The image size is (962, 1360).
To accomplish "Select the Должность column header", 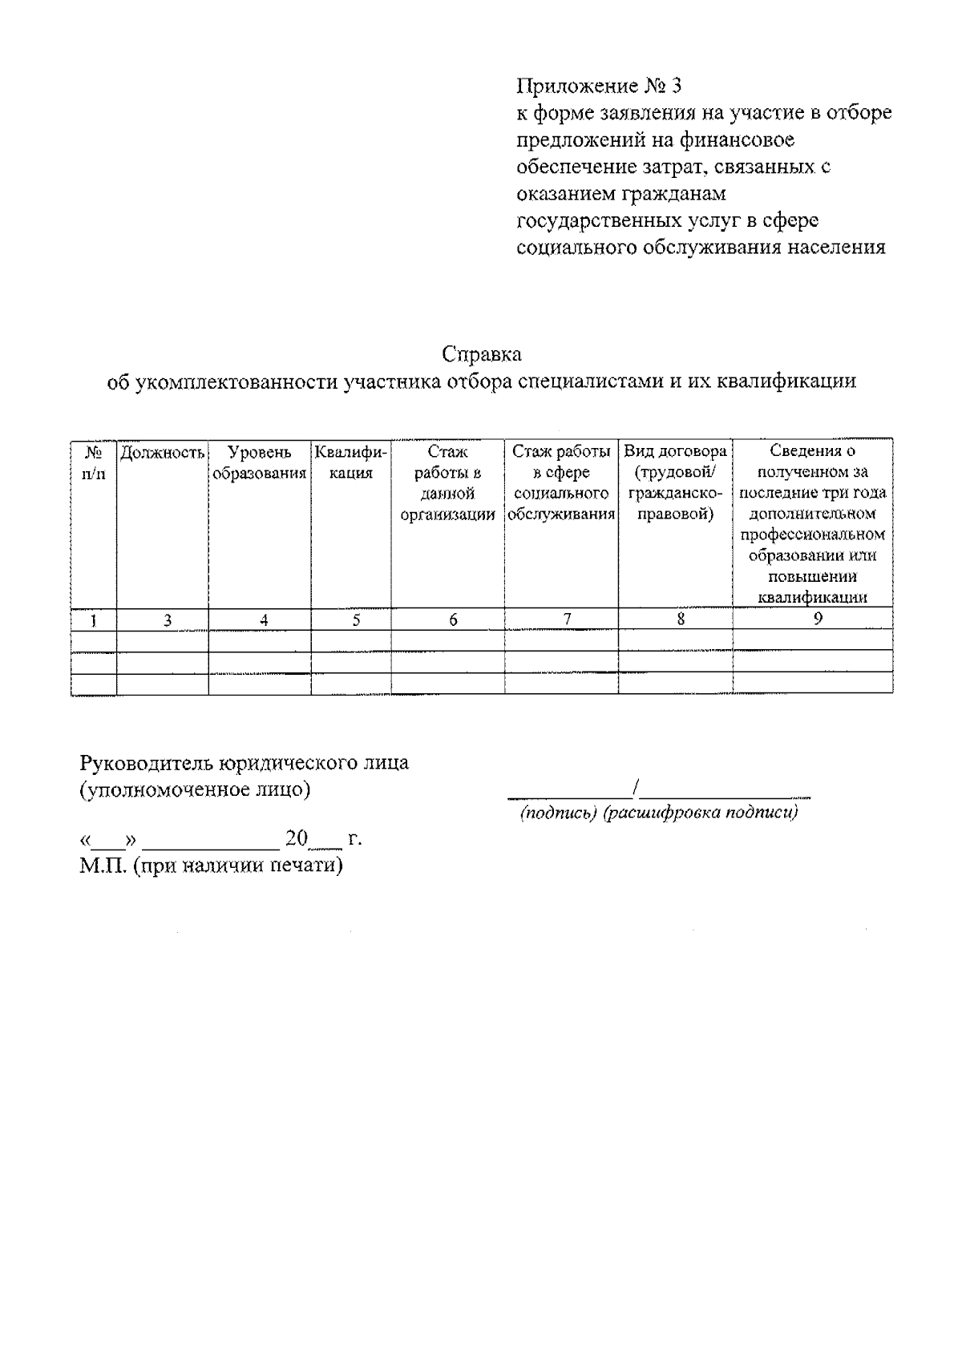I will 163,452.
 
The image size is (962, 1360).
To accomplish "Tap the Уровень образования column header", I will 259,462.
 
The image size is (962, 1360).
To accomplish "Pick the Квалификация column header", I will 351,462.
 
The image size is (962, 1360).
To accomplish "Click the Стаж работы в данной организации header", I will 447,483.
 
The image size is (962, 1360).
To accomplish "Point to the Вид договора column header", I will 675,483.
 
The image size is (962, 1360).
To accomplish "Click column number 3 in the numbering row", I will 168,619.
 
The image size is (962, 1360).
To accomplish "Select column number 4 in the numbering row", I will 264,619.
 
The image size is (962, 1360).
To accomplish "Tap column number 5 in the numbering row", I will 356,619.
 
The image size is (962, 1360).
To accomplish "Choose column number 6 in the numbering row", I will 453,619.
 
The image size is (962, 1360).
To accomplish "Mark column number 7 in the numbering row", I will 567,619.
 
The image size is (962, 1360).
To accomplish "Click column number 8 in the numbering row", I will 681,619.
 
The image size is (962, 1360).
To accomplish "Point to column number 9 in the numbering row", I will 818,618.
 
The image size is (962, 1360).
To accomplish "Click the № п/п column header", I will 93,462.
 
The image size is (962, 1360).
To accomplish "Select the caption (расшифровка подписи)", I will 701,813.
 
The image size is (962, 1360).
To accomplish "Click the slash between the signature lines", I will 635,789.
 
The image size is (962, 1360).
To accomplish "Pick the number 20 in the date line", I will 297,838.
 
